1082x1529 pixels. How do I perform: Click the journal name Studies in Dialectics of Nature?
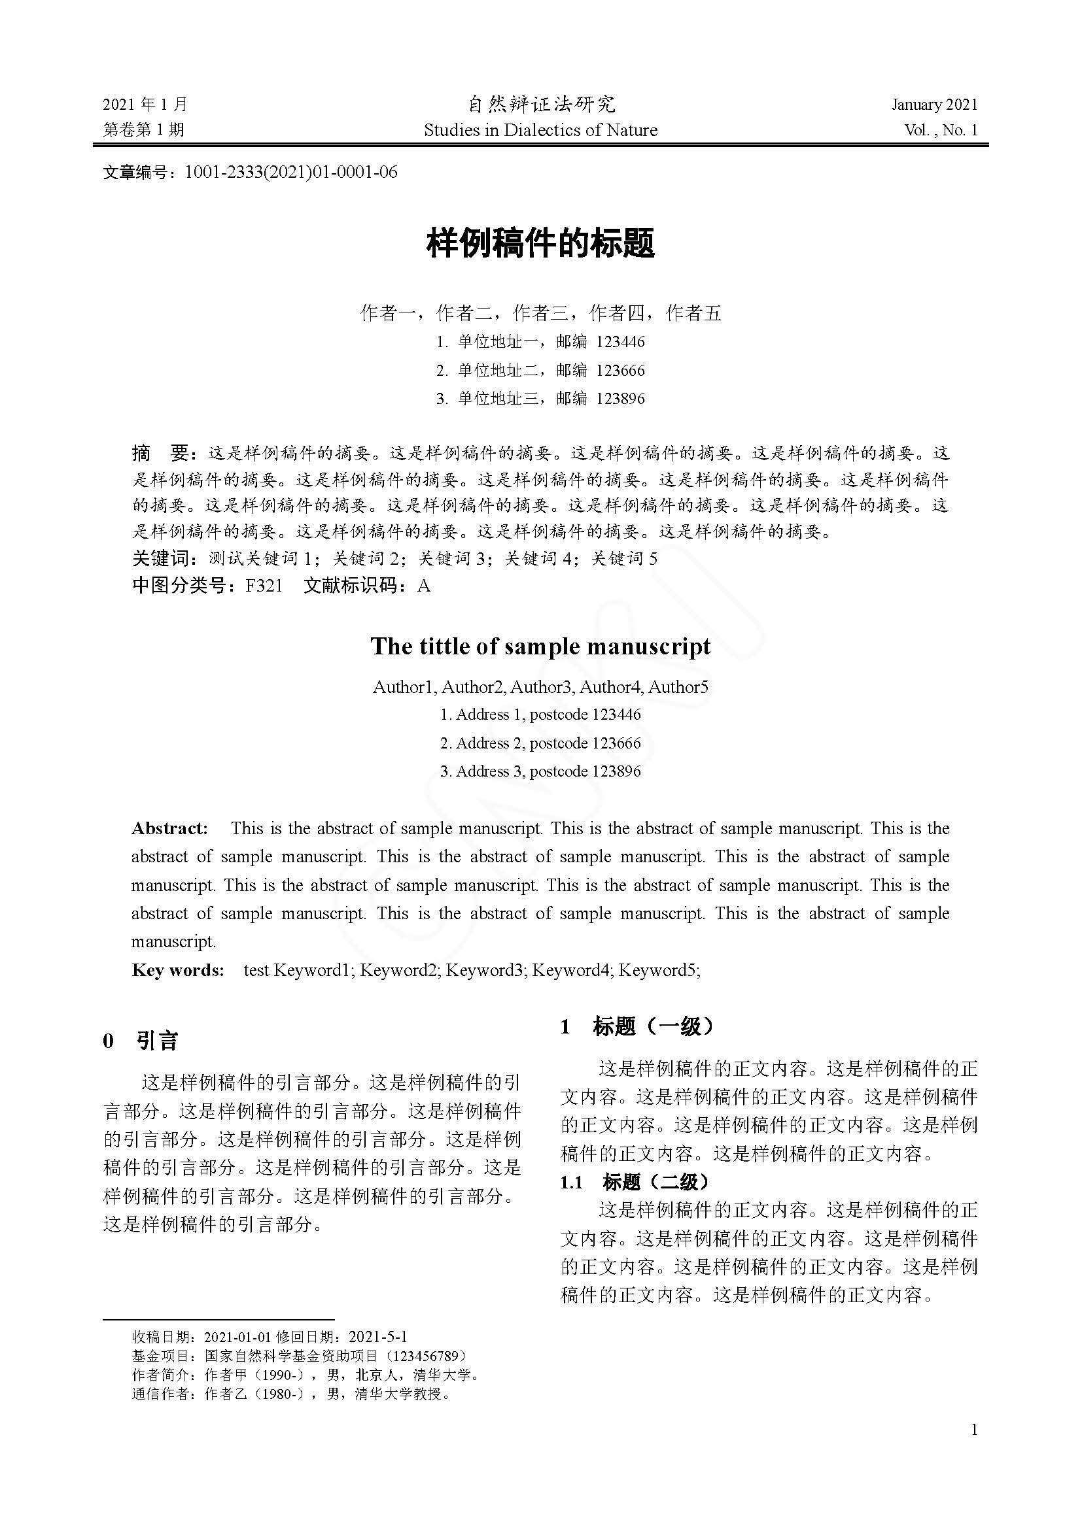coord(540,130)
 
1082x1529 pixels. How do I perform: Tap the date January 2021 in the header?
coord(934,105)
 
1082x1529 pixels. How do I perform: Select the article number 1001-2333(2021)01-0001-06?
coord(290,173)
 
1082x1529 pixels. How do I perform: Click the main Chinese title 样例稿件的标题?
coord(540,243)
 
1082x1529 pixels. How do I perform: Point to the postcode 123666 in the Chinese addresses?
coord(620,370)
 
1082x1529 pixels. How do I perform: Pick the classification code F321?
coord(264,586)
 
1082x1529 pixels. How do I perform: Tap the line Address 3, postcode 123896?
coord(540,771)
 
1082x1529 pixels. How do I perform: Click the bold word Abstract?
coord(170,828)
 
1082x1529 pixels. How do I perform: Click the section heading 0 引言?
coord(141,1041)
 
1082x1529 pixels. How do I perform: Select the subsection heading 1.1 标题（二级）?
coord(635,1182)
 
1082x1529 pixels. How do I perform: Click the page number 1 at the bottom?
coord(975,1429)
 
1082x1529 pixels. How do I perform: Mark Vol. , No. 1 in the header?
coord(941,130)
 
